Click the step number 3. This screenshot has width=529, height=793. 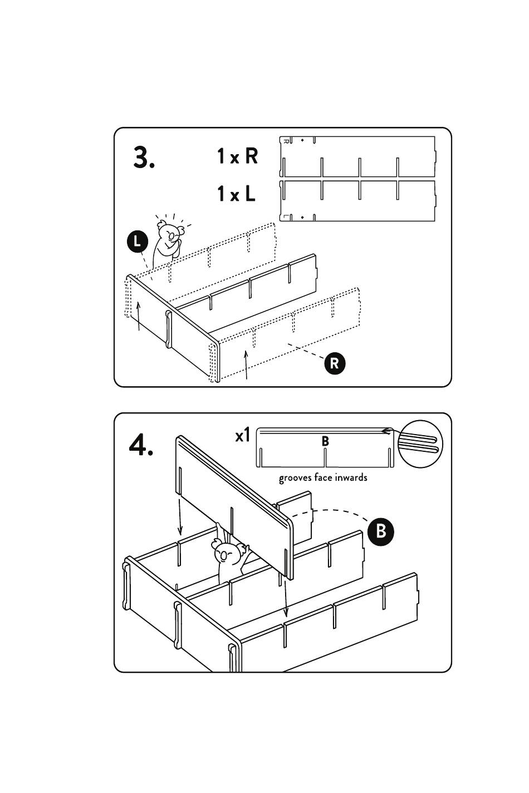[144, 158]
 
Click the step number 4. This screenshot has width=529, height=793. [141, 445]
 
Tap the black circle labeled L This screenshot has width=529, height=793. [137, 242]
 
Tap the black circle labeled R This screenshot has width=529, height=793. [334, 363]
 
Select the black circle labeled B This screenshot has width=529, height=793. [380, 530]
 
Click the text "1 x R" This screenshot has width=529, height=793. [237, 156]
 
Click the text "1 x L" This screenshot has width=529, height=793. [236, 194]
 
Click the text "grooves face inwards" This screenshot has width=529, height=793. [323, 477]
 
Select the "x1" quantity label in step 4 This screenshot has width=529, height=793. [243, 435]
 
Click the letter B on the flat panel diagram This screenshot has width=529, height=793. [325, 441]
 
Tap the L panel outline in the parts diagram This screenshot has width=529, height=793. [356, 200]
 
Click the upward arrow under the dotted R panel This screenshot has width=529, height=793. [246, 365]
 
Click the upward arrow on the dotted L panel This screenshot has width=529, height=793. [139, 316]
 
